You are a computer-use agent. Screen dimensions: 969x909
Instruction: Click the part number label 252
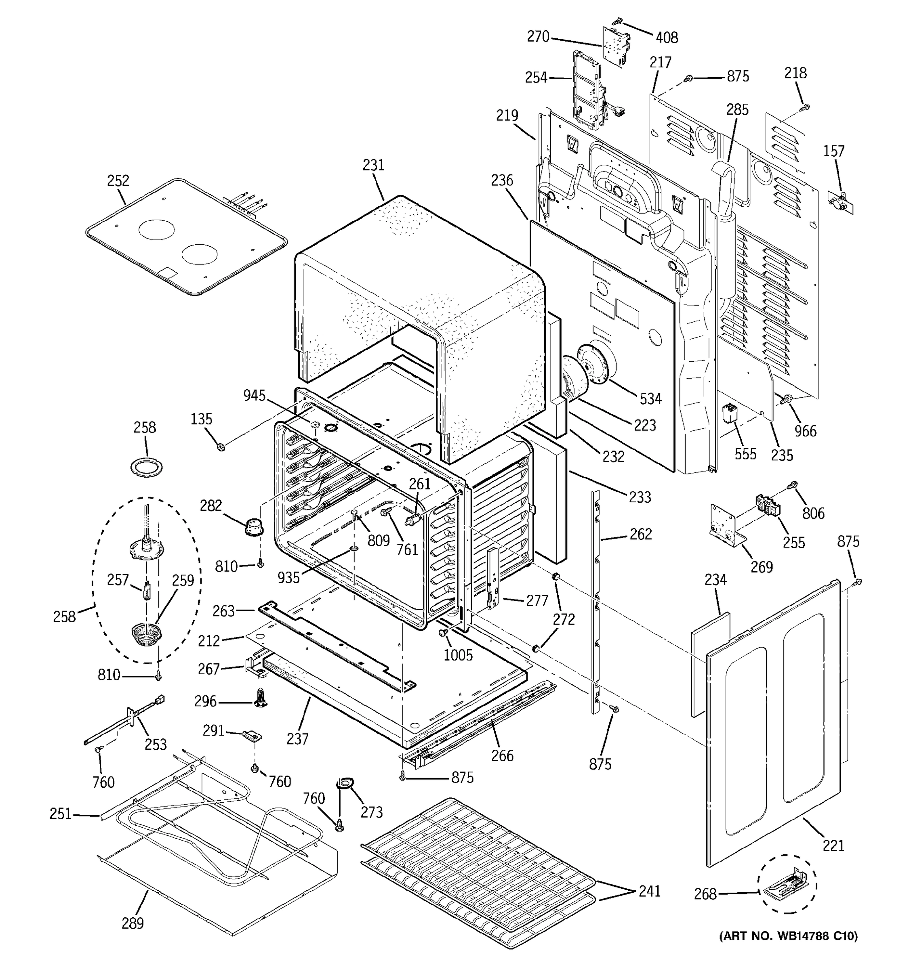118,181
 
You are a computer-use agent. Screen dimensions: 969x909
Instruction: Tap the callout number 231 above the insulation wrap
374,165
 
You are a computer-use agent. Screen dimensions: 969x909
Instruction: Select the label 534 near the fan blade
650,399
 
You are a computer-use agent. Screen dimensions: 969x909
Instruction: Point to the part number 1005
458,655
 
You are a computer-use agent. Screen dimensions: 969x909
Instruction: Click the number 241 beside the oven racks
650,891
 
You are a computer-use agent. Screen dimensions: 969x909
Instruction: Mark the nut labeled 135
221,447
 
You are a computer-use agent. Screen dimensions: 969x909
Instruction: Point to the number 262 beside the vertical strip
640,534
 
